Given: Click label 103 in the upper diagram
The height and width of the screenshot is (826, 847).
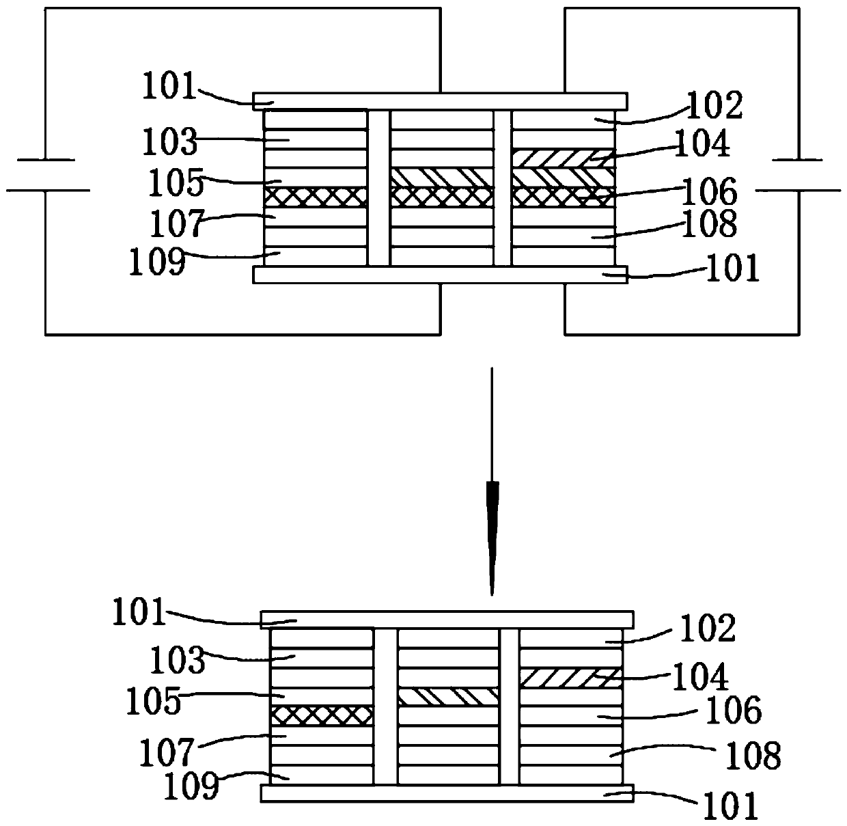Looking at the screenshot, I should pos(169,143).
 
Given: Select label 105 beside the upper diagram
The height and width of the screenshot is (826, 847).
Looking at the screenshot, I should pos(176,182).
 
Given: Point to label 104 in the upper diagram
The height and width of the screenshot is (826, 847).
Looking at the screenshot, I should pos(702,143).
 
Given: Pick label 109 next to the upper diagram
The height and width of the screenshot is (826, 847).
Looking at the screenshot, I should pos(157,262).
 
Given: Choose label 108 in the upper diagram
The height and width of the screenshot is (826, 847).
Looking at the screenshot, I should pos(709,223).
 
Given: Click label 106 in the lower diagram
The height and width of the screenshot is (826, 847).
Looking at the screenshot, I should pos(733,711).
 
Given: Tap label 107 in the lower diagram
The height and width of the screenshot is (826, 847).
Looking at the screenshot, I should pos(167,753).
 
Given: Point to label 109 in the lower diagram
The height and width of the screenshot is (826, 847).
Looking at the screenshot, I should pos(191,786).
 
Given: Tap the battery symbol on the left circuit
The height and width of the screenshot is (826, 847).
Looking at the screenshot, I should pos(46,175).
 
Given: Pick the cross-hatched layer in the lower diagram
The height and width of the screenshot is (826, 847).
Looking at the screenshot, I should pos(322,715).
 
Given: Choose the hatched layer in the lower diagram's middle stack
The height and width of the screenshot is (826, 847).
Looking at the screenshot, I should pos(449,697).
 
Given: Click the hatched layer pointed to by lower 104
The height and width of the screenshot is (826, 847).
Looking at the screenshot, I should pos(570,678).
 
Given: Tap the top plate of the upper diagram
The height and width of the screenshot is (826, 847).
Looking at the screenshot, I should pos(440,101).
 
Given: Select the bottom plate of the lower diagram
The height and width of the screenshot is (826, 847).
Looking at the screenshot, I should pos(447,793).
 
